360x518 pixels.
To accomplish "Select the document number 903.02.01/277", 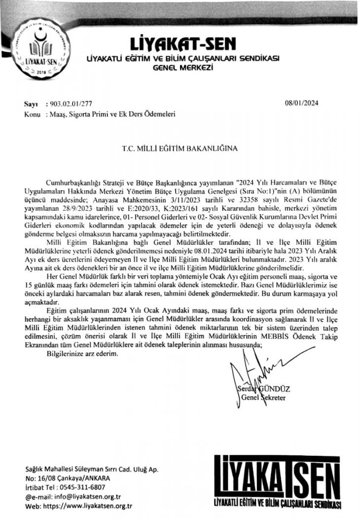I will [71, 104].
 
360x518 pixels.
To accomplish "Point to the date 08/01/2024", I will [302, 103].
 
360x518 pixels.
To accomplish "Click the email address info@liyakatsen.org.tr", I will [88, 496].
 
